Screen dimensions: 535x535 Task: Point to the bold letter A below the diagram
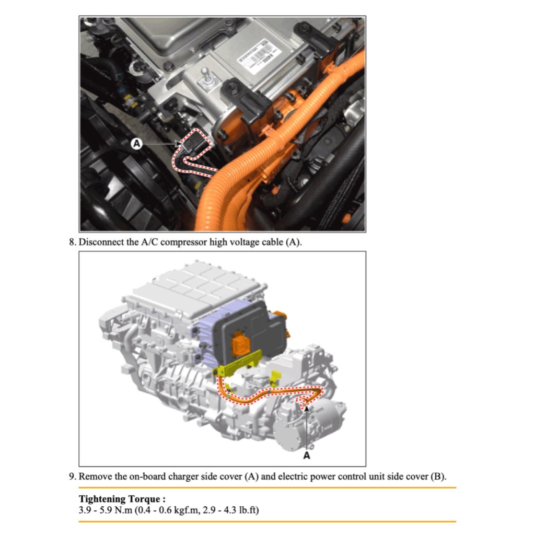pos(306,455)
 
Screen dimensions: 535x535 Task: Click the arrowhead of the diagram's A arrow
pos(306,408)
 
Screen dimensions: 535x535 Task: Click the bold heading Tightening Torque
pos(122,499)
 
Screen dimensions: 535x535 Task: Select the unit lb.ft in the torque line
pos(246,510)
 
